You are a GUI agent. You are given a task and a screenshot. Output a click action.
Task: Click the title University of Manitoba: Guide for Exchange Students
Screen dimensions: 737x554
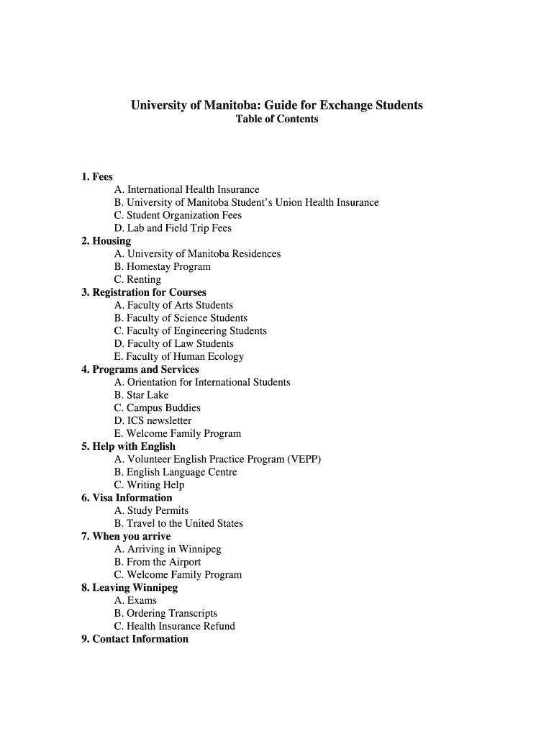(276, 105)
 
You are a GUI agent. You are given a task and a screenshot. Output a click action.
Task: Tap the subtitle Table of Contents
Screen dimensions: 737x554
(276, 119)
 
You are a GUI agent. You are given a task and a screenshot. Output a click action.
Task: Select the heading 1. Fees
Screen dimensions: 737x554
(97, 176)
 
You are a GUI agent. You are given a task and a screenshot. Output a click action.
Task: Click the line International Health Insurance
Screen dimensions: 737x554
(186, 189)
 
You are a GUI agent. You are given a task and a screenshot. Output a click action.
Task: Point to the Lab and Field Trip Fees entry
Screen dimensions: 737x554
(173, 228)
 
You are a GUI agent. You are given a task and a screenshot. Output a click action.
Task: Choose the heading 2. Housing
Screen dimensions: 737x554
(106, 241)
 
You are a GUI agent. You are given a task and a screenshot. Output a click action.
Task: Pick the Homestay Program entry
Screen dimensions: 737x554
(162, 267)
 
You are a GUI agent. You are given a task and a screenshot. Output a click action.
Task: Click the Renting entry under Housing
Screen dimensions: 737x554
(137, 279)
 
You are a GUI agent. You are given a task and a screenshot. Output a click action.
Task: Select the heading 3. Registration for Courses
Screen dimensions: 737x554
(144, 292)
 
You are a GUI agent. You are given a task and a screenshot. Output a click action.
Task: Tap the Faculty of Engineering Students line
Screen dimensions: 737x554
(190, 331)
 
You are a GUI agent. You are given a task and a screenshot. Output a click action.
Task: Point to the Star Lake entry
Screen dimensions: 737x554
(141, 395)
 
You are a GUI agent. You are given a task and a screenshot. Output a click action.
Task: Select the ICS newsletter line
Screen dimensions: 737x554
(153, 421)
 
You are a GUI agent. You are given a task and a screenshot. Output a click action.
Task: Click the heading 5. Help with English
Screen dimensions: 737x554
(128, 446)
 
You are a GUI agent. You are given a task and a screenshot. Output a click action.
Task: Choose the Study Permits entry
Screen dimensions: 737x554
(151, 511)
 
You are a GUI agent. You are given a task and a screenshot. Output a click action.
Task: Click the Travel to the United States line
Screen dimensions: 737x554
(178, 523)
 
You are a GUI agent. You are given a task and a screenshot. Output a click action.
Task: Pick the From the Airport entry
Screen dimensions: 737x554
(157, 562)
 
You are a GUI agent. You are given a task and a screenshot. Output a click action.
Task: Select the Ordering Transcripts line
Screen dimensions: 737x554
(165, 613)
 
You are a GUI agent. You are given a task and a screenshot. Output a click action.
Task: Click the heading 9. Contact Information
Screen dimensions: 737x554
(135, 639)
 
